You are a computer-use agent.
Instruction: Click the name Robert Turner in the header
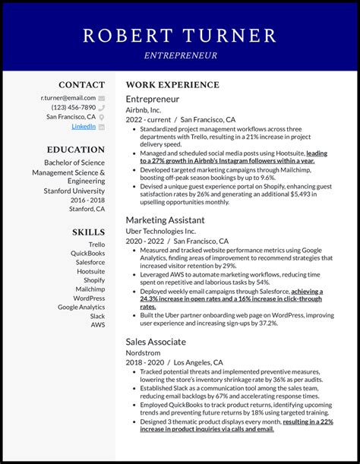click(x=180, y=35)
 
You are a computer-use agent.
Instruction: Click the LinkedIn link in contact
click(x=84, y=127)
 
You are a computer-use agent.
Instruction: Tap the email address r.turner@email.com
click(x=68, y=98)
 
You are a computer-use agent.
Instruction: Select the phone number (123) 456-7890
click(x=74, y=108)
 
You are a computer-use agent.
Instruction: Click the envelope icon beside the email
click(x=102, y=99)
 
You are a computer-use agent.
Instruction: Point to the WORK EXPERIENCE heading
click(x=172, y=85)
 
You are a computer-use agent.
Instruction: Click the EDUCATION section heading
click(x=76, y=150)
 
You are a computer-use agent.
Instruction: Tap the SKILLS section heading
click(x=88, y=232)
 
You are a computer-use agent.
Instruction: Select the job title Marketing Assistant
click(x=165, y=220)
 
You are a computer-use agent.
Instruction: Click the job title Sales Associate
click(x=156, y=342)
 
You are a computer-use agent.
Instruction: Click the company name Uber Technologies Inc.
click(x=160, y=231)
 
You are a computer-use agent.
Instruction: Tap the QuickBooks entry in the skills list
click(x=87, y=254)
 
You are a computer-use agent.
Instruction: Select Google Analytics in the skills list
click(x=81, y=307)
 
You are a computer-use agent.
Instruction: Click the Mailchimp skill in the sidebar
click(x=90, y=289)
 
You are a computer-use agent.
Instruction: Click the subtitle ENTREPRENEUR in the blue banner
click(x=180, y=55)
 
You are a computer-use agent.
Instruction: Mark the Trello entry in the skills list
click(x=96, y=245)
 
